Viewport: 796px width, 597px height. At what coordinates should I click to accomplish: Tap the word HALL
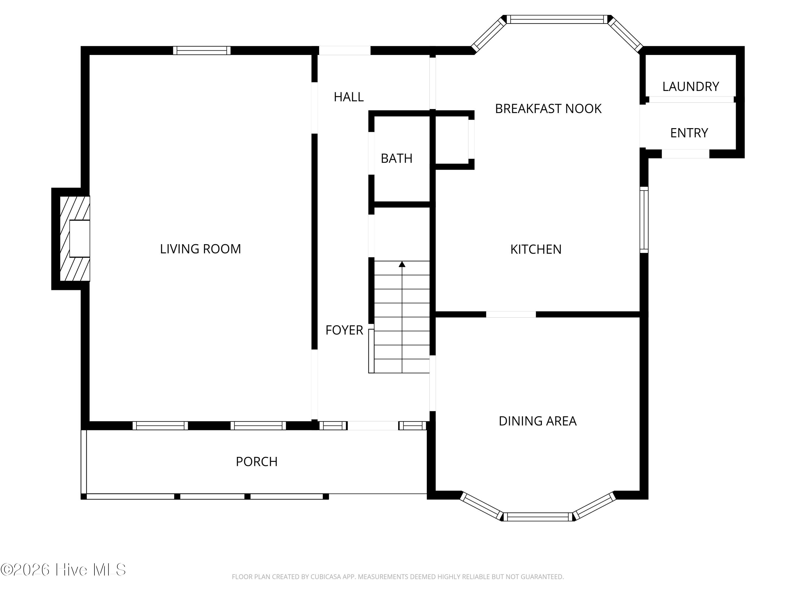click(348, 97)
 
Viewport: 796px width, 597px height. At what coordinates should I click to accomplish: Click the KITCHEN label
click(535, 249)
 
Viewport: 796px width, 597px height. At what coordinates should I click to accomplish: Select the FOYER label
click(344, 330)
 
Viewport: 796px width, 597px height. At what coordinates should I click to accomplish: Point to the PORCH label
click(256, 462)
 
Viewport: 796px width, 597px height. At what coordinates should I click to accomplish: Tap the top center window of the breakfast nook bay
click(557, 19)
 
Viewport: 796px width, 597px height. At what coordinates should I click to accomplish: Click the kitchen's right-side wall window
click(644, 220)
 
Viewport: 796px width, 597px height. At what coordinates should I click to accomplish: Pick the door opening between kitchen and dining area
click(511, 314)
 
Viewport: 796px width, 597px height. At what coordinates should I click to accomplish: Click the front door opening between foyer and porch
click(373, 426)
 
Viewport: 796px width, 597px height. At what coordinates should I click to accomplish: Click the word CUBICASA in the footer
click(326, 577)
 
